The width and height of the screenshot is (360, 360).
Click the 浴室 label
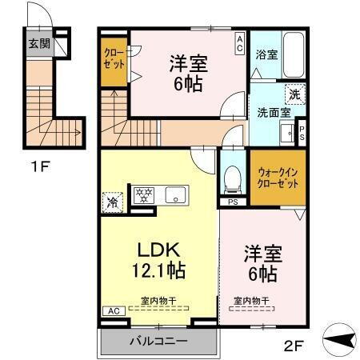click(266, 55)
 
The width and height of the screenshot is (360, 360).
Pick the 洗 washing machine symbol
click(294, 94)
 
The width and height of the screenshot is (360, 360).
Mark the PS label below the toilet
click(233, 202)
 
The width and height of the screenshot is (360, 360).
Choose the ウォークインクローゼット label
click(277, 177)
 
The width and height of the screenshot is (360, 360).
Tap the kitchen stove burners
click(145, 194)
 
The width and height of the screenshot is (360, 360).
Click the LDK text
click(157, 249)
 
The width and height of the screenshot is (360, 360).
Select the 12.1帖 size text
click(157, 270)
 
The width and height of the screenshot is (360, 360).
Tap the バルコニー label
click(158, 341)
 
